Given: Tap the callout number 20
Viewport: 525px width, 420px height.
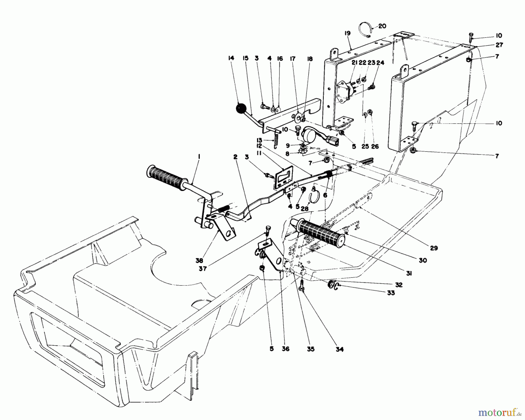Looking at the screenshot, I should [x=382, y=26].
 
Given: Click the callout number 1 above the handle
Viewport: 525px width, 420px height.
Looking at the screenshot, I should [x=199, y=157].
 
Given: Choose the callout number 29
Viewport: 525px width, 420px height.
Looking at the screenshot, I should [x=434, y=248].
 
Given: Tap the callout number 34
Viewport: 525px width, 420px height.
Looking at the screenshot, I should [x=339, y=349].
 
